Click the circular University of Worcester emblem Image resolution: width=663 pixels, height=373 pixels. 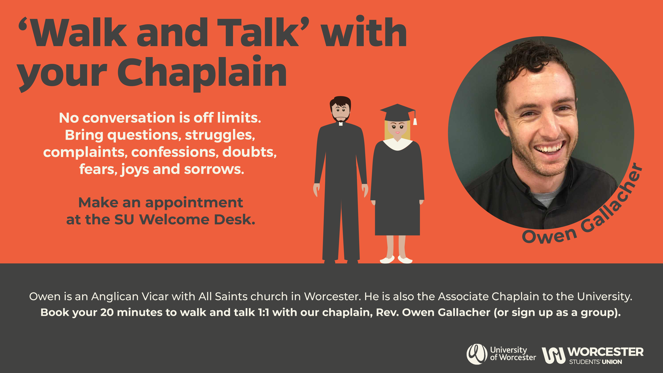[477, 354]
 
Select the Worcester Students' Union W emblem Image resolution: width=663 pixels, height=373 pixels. [553, 355]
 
